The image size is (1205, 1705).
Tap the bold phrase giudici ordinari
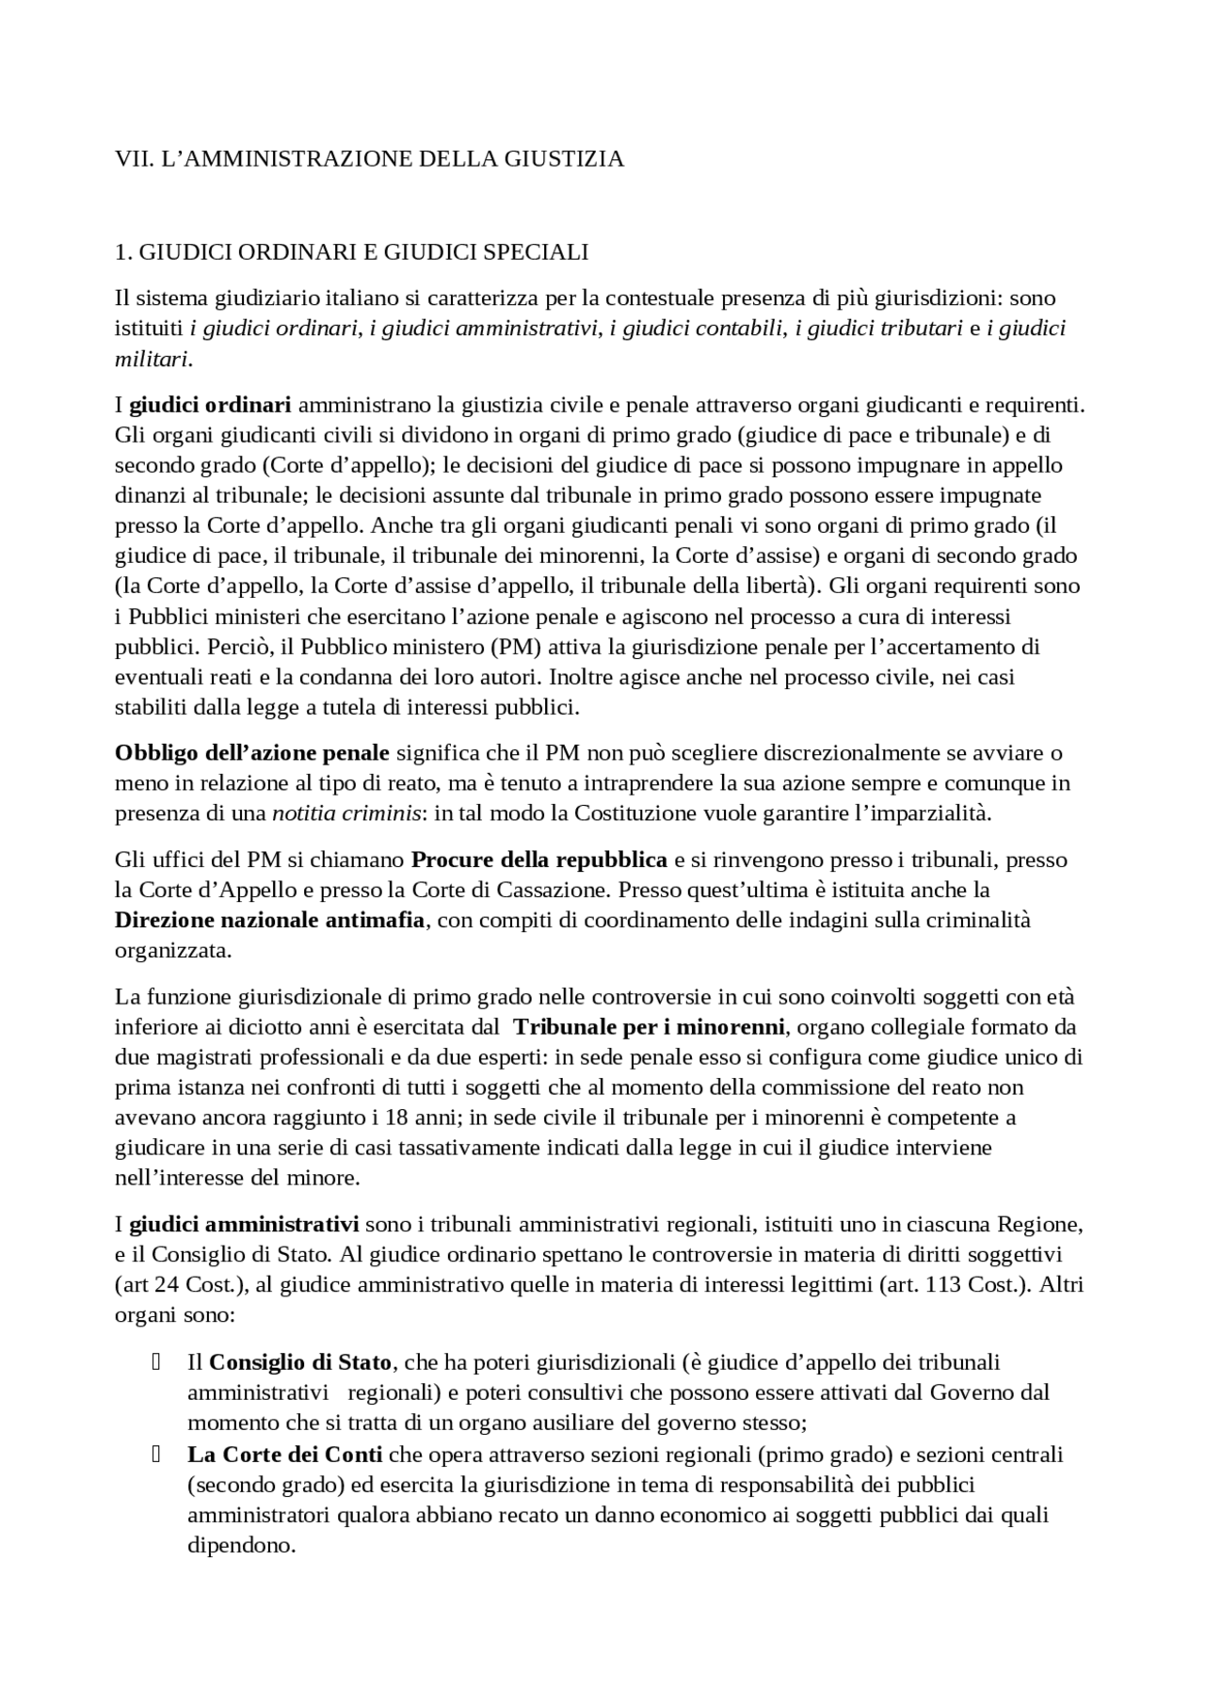point(210,405)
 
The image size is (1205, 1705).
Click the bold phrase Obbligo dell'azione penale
point(251,752)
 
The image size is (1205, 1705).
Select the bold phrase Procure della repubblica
point(539,860)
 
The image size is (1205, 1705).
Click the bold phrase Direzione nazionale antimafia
point(269,920)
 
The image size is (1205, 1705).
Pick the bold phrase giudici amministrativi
point(244,1225)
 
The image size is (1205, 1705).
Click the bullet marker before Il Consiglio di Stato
point(156,1361)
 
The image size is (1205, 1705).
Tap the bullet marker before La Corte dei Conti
point(156,1454)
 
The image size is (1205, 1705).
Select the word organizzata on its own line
point(172,950)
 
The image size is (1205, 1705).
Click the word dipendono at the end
point(241,1546)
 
